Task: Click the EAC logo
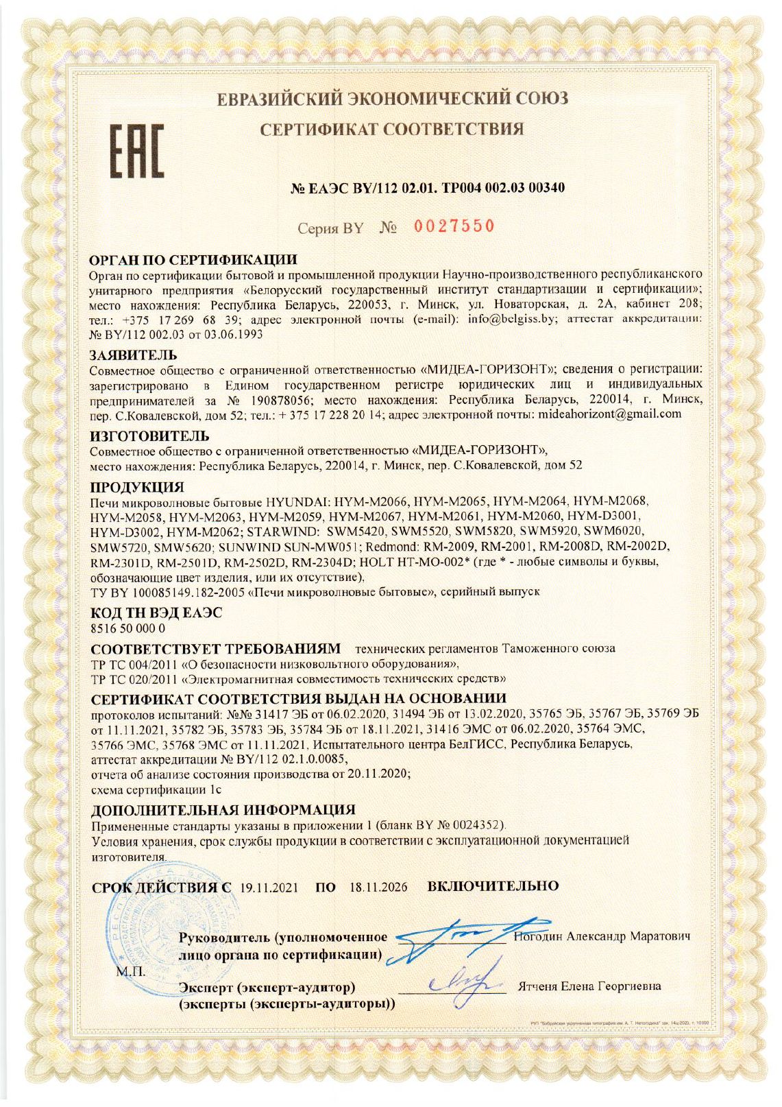click(x=138, y=151)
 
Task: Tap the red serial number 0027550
click(x=454, y=226)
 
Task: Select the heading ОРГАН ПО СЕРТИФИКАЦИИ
click(x=194, y=260)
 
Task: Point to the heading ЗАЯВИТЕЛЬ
click(x=134, y=355)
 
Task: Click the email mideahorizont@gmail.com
click(x=610, y=414)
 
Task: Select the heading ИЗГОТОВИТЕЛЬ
click(x=150, y=436)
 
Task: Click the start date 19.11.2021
click(x=269, y=888)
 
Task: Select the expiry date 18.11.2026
click(x=378, y=888)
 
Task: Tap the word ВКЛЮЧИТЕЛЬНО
click(x=493, y=886)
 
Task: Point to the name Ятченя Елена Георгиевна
click(x=589, y=986)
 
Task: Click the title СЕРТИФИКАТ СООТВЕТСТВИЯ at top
click(x=391, y=129)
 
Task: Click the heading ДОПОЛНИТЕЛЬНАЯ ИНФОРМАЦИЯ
click(x=223, y=809)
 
